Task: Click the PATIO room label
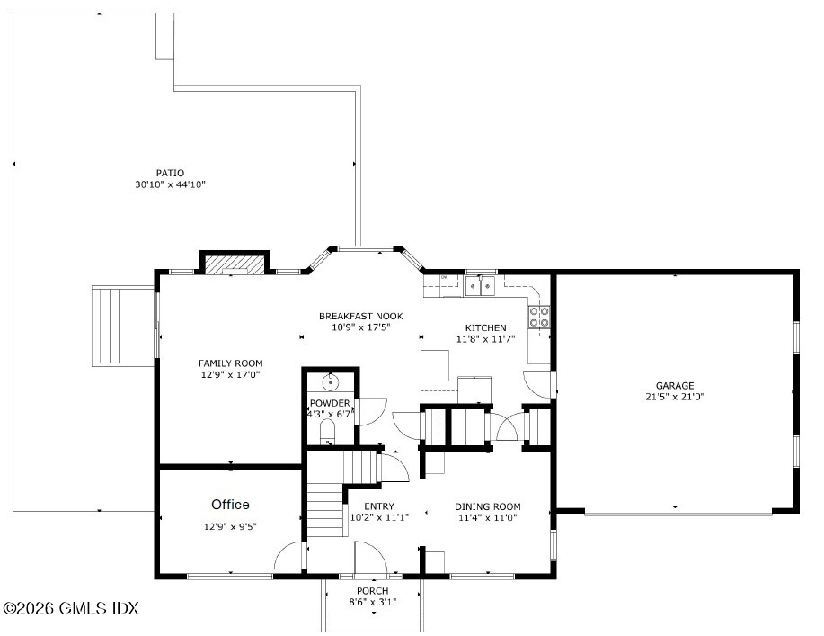point(170,173)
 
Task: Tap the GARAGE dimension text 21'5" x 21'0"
point(675,397)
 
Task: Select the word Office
point(230,505)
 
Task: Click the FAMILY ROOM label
point(230,363)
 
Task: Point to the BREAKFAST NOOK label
point(361,316)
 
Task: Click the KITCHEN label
point(485,327)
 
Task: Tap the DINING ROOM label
point(488,506)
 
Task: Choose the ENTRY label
point(379,506)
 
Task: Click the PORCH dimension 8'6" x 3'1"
point(373,602)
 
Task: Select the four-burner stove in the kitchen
point(539,317)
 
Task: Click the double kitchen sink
point(481,286)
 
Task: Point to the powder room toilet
point(327,432)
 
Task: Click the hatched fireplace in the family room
point(235,264)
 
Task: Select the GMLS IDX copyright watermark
point(70,609)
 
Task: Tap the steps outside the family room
point(123,327)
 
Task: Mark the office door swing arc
point(288,555)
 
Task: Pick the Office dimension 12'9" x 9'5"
point(230,526)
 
